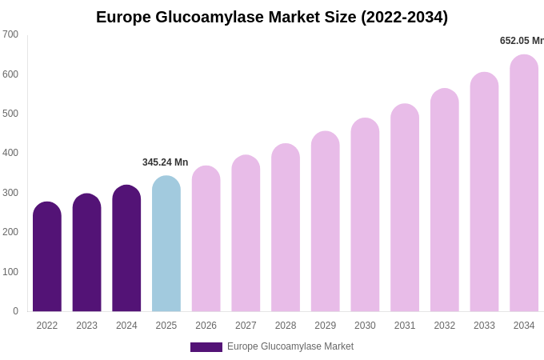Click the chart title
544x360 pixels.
click(272, 17)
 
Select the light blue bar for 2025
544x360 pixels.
click(166, 244)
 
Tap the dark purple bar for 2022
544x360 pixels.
click(47, 257)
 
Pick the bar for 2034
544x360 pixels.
click(524, 183)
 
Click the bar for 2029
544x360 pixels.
click(325, 222)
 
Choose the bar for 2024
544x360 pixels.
click(126, 249)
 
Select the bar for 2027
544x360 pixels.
click(246, 234)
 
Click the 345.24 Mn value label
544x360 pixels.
click(166, 162)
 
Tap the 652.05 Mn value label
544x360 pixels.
click(522, 41)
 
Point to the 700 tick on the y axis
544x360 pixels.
click(10, 34)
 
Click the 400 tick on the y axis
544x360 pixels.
click(10, 153)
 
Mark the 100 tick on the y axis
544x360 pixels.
click(10, 272)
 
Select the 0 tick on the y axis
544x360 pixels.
click(15, 311)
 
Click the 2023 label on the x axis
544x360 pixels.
click(86, 326)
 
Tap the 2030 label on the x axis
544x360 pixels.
click(365, 326)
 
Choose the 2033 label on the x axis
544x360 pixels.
click(484, 326)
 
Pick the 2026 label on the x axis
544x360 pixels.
click(206, 326)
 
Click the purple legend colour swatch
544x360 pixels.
click(206, 347)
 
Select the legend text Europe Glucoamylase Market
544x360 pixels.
click(290, 346)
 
